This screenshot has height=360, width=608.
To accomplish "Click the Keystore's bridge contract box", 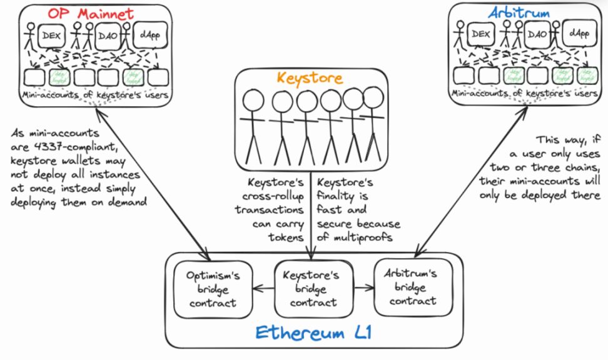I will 310,289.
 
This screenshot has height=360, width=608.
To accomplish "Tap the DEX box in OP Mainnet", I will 51,36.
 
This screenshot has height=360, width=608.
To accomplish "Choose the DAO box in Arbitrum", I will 537,34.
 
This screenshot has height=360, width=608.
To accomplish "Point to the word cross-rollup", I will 275,196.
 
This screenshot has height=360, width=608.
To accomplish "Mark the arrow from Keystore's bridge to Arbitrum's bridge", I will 363,289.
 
